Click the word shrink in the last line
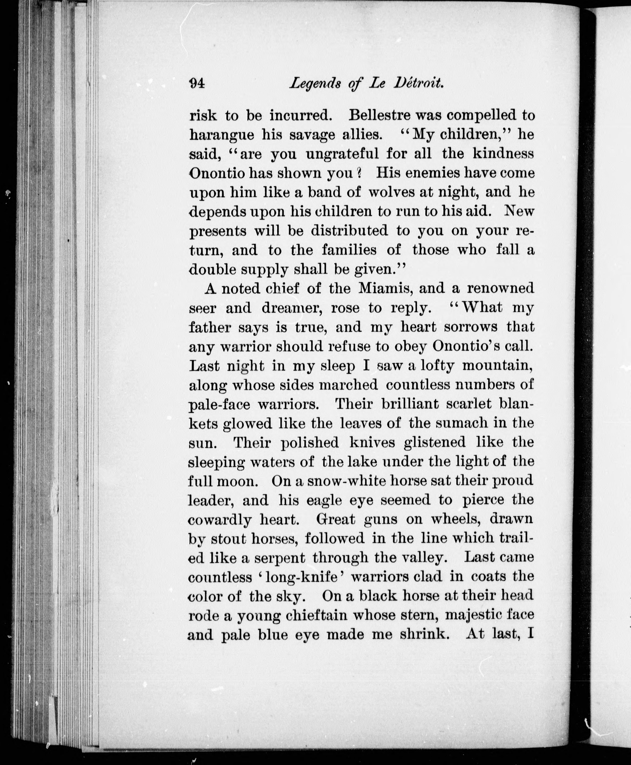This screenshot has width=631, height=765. pyautogui.click(x=422, y=634)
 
